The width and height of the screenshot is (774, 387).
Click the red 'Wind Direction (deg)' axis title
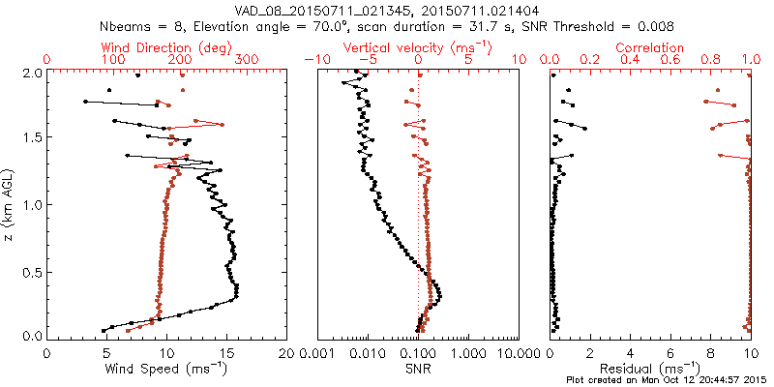(x=166, y=47)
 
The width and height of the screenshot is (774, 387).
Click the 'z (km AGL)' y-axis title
(x=11, y=204)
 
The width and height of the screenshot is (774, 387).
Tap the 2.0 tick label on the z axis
(x=31, y=73)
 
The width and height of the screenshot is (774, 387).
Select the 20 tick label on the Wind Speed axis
(x=286, y=353)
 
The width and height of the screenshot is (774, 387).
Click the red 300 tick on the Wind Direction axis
(x=247, y=60)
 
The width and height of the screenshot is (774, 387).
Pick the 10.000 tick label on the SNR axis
(x=519, y=353)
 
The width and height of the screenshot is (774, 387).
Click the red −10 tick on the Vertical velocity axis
(x=315, y=60)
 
